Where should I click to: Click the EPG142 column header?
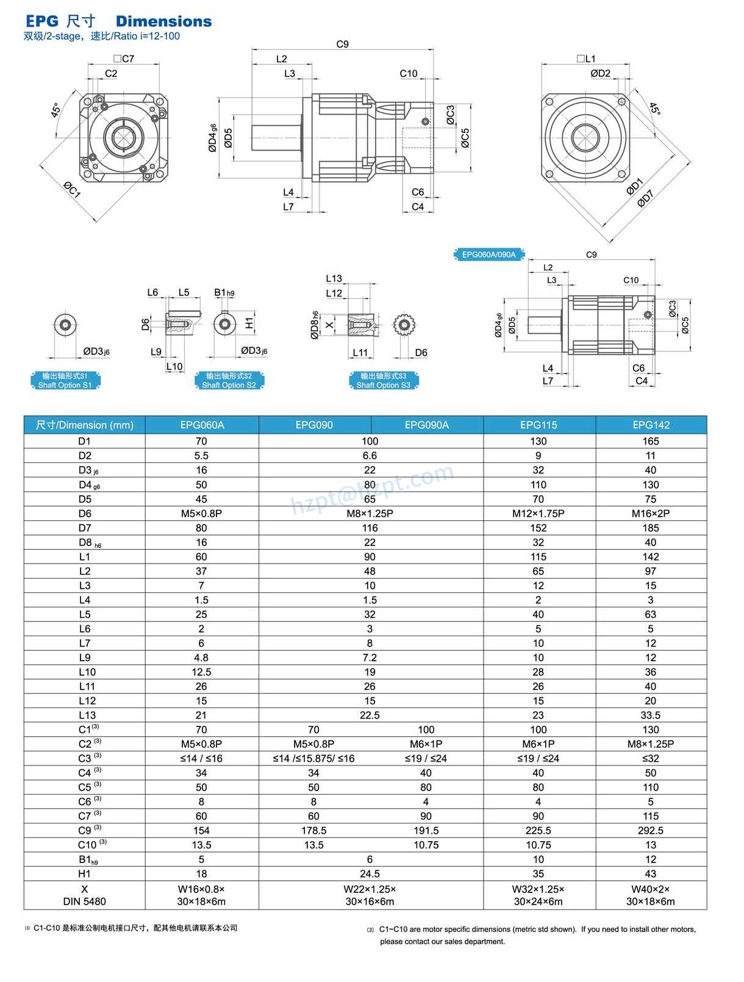click(x=651, y=425)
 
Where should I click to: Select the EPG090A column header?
click(x=426, y=425)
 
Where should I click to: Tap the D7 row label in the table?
click(x=84, y=528)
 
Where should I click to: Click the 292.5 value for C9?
click(x=651, y=830)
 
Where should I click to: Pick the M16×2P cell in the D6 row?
click(x=651, y=514)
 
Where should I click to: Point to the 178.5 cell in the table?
click(x=313, y=830)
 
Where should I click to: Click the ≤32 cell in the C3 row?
click(x=651, y=758)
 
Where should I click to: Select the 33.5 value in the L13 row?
click(x=651, y=715)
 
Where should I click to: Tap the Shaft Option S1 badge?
click(x=65, y=381)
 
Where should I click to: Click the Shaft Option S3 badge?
click(x=384, y=381)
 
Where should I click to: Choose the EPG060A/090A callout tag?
click(x=488, y=254)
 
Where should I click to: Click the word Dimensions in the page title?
click(x=163, y=21)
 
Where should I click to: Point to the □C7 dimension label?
click(x=124, y=59)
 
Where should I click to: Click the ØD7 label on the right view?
click(x=645, y=199)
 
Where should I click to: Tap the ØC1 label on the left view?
click(x=73, y=190)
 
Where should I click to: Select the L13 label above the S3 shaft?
click(x=334, y=278)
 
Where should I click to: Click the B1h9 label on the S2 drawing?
click(x=224, y=293)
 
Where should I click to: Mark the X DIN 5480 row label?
click(x=84, y=895)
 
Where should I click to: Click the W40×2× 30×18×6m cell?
click(x=651, y=895)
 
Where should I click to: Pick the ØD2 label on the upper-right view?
click(x=600, y=73)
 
